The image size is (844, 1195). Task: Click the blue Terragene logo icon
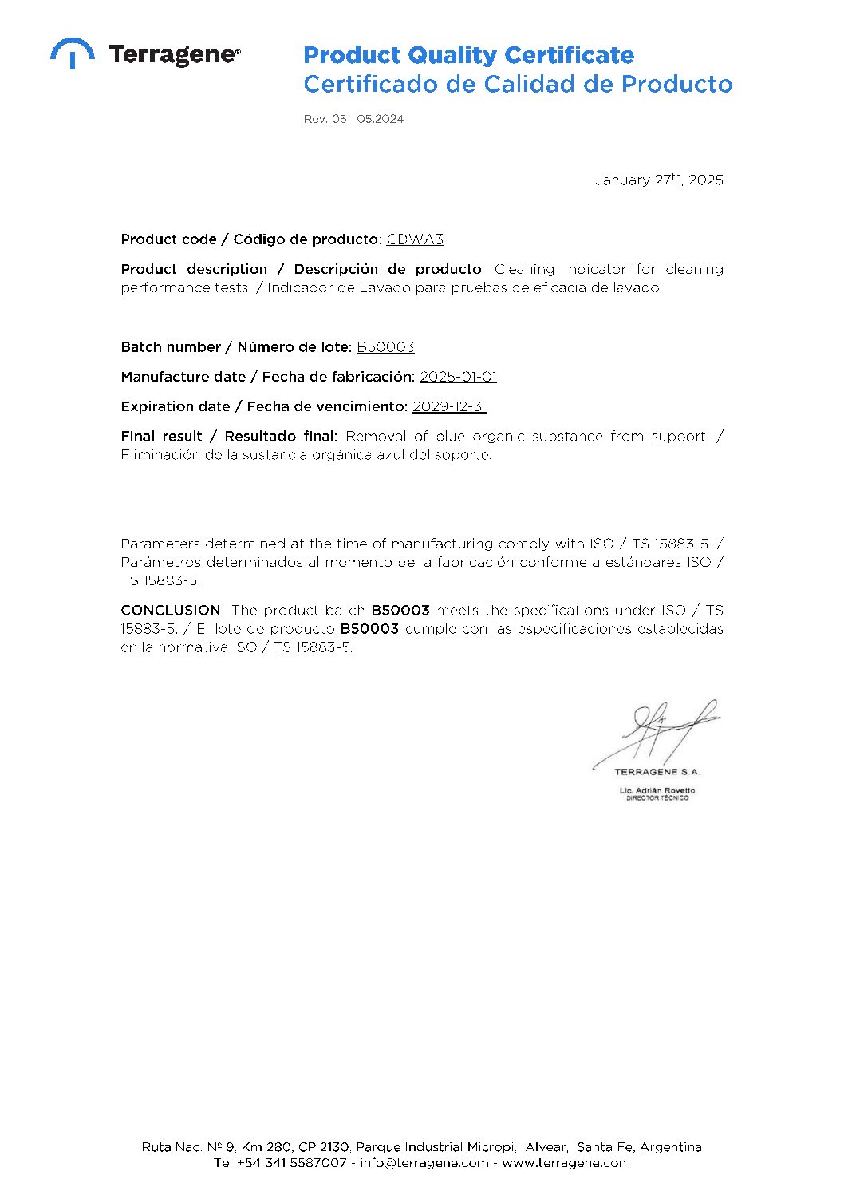click(x=73, y=53)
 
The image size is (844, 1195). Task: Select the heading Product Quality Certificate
click(x=468, y=55)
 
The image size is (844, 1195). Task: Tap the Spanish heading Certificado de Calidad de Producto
click(x=518, y=84)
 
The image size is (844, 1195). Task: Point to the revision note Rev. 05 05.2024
click(x=353, y=119)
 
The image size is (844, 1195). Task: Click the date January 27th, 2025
click(x=659, y=180)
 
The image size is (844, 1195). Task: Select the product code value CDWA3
click(x=415, y=239)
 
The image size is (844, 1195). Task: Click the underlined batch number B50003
click(x=385, y=347)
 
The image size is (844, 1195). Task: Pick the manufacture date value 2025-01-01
click(x=458, y=377)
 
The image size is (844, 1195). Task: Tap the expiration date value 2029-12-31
click(x=449, y=406)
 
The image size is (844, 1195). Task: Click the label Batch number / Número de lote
click(x=235, y=347)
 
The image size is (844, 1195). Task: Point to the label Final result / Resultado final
click(x=229, y=436)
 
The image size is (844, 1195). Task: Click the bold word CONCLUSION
click(x=170, y=610)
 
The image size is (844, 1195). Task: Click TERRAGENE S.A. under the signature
click(x=657, y=772)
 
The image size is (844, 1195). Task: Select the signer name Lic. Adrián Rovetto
click(x=657, y=790)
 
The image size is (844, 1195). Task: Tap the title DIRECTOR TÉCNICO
click(x=657, y=798)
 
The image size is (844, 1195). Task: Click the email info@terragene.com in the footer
click(x=424, y=1163)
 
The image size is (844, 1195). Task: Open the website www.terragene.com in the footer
click(x=566, y=1163)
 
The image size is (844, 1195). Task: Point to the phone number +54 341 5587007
click(x=291, y=1163)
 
